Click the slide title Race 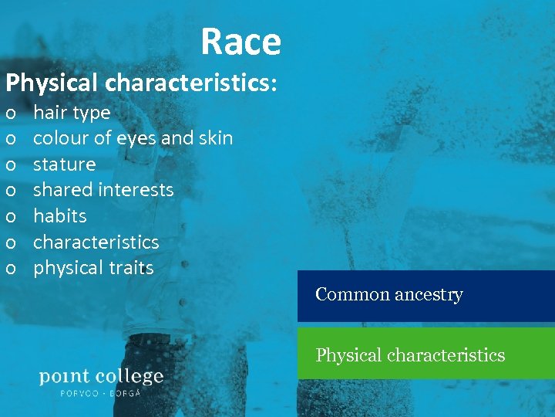240,42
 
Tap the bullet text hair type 72,113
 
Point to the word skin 216,138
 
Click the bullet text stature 64,164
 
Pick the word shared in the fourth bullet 59,190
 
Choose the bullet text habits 59,216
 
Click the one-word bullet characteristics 96,242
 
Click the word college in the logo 129,377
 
